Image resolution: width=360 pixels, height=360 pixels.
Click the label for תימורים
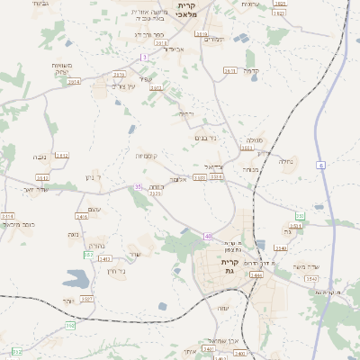(x=213, y=39)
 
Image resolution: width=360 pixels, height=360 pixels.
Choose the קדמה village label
(x=251, y=70)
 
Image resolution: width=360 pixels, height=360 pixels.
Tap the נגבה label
(x=40, y=157)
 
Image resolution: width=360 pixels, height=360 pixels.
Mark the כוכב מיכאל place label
(x=18, y=223)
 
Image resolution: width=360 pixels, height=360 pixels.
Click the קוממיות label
(x=147, y=156)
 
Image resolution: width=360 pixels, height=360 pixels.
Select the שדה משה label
(x=305, y=267)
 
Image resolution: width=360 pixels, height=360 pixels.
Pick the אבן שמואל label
(x=221, y=341)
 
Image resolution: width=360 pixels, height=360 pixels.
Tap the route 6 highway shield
(x=319, y=165)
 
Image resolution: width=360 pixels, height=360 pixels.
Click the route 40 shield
(x=208, y=236)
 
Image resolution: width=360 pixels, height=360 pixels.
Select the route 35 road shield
(x=138, y=186)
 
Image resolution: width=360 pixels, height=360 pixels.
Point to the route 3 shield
(x=142, y=57)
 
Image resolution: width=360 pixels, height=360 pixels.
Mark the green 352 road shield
(x=88, y=255)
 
